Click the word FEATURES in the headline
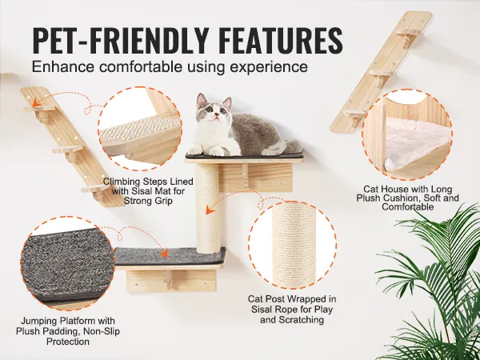[281, 41]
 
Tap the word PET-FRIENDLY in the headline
[121, 41]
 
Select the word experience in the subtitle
[269, 66]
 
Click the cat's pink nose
[217, 114]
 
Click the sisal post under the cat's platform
[207, 208]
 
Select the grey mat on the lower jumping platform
[170, 256]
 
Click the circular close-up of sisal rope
[292, 245]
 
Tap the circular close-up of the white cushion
[407, 134]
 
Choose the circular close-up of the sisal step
[140, 129]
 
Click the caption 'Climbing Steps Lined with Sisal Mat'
[148, 191]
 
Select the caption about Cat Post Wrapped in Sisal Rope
[292, 309]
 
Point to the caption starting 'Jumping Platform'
[68, 331]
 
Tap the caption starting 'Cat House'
[407, 198]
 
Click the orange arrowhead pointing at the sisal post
[209, 210]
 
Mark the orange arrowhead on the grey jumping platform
[164, 254]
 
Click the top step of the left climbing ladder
[39, 108]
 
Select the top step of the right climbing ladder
[408, 32]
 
